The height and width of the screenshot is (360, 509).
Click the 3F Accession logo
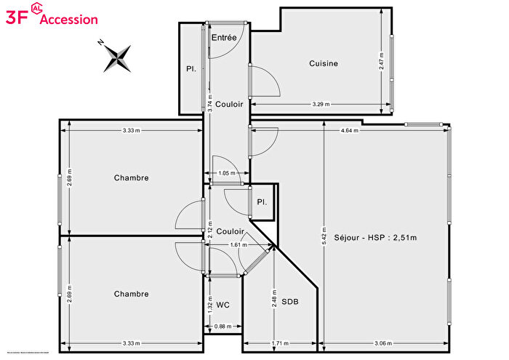51,18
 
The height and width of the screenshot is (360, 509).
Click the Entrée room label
223,37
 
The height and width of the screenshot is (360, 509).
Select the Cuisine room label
323,63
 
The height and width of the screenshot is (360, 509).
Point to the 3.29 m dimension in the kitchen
321,104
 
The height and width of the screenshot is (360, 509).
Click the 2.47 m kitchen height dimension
381,59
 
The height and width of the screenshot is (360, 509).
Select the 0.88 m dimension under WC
223,327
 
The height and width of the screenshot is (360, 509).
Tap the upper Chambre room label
131,177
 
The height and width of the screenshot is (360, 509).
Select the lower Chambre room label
131,294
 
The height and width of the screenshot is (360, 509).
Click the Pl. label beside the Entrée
191,68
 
